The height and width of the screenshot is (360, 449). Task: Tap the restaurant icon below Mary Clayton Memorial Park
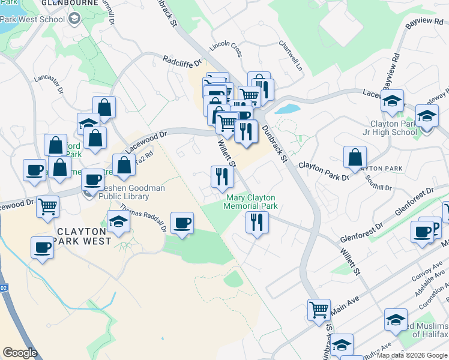point(257,223)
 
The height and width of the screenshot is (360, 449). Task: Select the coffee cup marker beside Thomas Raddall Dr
point(182,223)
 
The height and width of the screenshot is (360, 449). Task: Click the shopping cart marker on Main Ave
point(319,310)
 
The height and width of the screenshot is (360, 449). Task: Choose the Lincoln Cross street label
point(226,50)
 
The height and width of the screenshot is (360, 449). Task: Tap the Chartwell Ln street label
point(291,55)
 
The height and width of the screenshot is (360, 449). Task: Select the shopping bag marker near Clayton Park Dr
point(355,158)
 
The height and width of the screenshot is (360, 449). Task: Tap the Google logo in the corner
point(20,353)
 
